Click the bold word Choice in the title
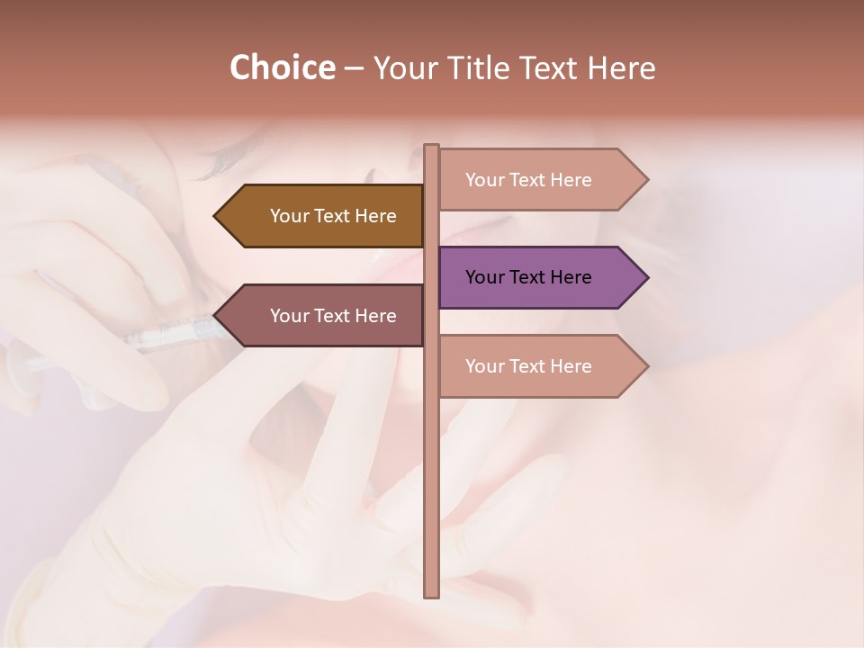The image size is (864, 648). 282,68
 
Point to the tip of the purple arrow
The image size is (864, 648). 647,277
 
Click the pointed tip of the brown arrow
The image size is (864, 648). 215,216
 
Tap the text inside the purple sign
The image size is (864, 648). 528,277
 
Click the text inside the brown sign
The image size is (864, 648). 333,216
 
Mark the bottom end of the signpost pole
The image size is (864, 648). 431,595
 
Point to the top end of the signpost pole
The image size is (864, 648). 431,147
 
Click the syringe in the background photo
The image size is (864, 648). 171,337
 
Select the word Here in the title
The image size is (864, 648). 621,68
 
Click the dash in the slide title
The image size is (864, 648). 354,69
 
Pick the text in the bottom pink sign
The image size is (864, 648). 528,366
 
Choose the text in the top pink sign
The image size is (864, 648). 528,180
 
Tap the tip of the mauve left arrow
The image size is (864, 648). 215,316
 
